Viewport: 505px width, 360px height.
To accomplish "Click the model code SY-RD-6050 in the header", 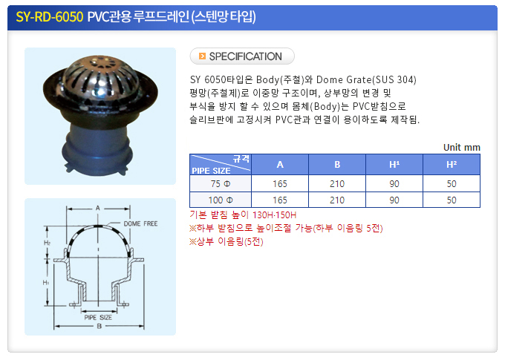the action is pos(50,17).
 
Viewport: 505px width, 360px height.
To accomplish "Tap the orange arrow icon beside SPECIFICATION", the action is pos(202,56).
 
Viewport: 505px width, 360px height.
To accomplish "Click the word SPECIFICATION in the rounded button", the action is pos(245,56).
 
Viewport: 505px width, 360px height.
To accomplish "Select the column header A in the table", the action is pos(280,165).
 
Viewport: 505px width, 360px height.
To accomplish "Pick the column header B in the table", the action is pos(337,165).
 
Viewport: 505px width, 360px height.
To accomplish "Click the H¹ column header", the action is pos(394,165).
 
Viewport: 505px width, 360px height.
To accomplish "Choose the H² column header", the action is pos(452,165).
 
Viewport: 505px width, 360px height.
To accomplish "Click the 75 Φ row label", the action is pos(221,184).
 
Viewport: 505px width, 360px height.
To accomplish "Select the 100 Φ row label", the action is pos(221,200).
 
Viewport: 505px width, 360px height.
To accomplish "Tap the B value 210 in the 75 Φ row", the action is pos(337,184).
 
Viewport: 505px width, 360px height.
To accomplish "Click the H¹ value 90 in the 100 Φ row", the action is pos(394,200).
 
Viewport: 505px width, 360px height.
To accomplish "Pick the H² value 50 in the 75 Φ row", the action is pos(452,184).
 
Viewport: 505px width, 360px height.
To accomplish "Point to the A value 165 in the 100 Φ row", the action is pos(280,200).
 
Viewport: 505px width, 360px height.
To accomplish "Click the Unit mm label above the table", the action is pos(461,148).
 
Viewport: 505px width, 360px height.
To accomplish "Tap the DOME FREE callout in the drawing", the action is pos(141,223).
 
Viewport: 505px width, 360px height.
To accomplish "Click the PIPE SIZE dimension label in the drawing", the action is pos(98,318).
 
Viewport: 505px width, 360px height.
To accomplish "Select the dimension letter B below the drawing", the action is pos(100,326).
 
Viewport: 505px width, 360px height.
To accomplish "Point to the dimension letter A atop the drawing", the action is pos(98,209).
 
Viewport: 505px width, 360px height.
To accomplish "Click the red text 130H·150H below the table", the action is pos(274,215).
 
